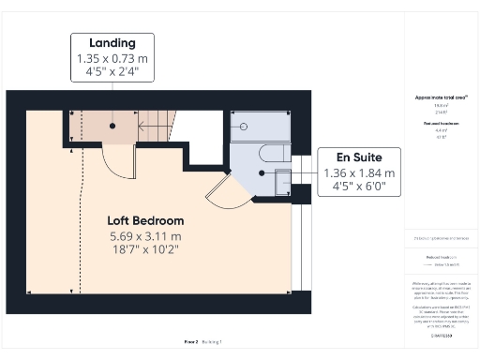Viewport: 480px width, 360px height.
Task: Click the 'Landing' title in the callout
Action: pyautogui.click(x=112, y=43)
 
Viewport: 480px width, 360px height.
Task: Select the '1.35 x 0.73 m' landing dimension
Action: pyautogui.click(x=112, y=58)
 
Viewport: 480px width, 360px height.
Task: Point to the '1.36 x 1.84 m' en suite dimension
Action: pyautogui.click(x=360, y=173)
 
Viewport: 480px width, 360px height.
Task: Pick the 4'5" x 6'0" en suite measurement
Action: pyautogui.click(x=360, y=187)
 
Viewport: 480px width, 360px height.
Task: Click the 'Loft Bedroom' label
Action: pyautogui.click(x=144, y=220)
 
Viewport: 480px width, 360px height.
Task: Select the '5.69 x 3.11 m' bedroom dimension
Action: pyautogui.click(x=144, y=236)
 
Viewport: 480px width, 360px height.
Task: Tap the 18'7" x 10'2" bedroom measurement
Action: pyautogui.click(x=144, y=250)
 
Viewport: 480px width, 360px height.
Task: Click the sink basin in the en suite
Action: pyautogui.click(x=282, y=185)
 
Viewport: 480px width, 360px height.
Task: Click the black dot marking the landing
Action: pyautogui.click(x=112, y=124)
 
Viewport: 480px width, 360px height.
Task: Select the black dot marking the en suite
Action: pyautogui.click(x=262, y=173)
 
